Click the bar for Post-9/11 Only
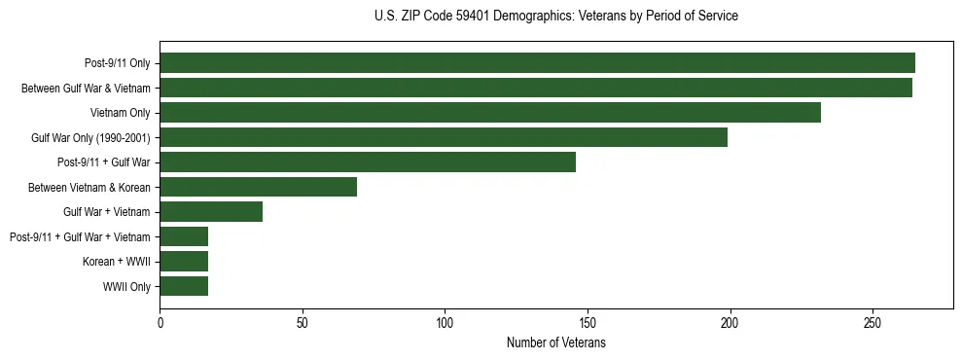(537, 63)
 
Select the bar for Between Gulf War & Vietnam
(536, 88)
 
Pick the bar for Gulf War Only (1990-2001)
(444, 137)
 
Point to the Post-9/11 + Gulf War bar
(368, 162)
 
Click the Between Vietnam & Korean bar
(259, 187)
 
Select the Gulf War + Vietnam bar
(211, 212)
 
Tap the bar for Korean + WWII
(184, 262)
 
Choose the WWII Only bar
(184, 286)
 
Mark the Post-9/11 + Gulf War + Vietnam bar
(184, 236)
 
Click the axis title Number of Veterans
(555, 343)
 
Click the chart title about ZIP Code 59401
(555, 17)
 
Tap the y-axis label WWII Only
(126, 287)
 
